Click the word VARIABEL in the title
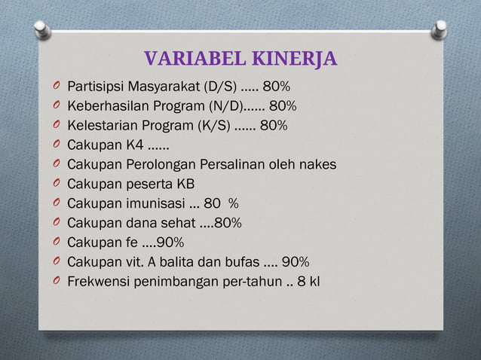(x=187, y=59)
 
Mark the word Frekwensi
(x=97, y=282)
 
